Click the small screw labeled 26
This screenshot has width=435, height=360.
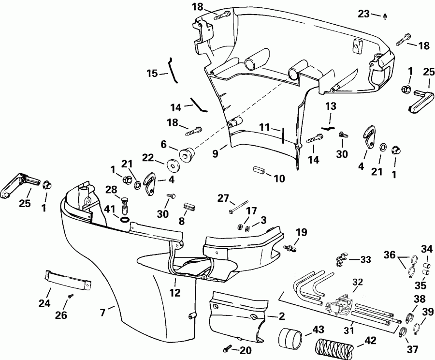pyautogui.click(x=71, y=296)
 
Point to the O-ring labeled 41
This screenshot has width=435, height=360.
pyautogui.click(x=124, y=220)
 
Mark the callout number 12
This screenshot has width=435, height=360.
pyautogui.click(x=175, y=292)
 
